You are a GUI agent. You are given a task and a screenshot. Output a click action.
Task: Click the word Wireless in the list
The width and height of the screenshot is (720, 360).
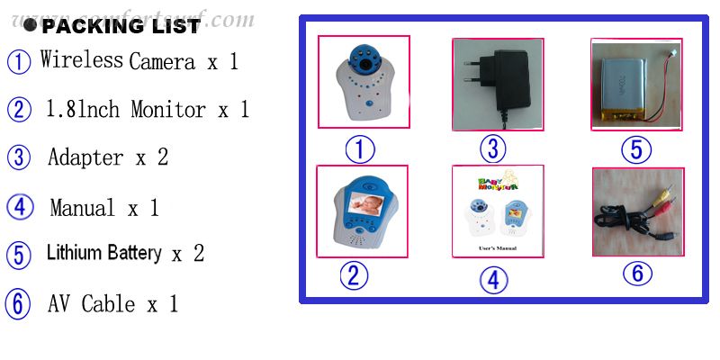81,60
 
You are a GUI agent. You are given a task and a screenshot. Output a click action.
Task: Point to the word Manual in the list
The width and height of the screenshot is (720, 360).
83,208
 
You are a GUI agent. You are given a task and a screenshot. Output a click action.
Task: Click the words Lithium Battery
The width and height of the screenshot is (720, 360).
104,254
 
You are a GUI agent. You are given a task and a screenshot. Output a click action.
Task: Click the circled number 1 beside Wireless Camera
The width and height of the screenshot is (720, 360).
19,62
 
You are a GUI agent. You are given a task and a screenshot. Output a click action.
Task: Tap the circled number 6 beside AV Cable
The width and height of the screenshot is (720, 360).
18,304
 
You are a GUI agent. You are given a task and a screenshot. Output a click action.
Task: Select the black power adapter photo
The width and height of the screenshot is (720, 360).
497,84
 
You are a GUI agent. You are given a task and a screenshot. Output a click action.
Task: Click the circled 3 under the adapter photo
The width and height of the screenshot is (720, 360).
492,148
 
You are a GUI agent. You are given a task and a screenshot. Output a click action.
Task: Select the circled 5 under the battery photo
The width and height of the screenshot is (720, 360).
636,149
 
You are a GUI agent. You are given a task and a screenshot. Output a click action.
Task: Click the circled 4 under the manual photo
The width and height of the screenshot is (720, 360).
492,279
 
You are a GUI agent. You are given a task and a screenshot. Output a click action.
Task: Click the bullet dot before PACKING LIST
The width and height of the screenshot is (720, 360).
31,26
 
